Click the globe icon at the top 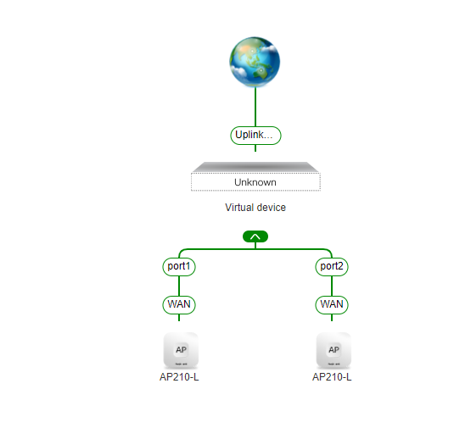(255, 62)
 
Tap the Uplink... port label (255, 136)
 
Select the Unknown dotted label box (256, 182)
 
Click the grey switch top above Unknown (255, 167)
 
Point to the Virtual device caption (255, 208)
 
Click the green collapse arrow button (255, 236)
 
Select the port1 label (179, 267)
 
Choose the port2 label (332, 267)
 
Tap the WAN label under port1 (179, 305)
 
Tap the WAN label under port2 (332, 305)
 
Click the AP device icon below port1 (181, 350)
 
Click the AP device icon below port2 (334, 350)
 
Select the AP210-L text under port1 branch (179, 377)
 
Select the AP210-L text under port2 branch (332, 377)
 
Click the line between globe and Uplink (255, 107)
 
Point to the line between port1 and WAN (179, 286)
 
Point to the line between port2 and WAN (332, 286)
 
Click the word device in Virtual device (271, 208)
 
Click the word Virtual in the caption (239, 208)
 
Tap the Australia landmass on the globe (261, 73)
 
